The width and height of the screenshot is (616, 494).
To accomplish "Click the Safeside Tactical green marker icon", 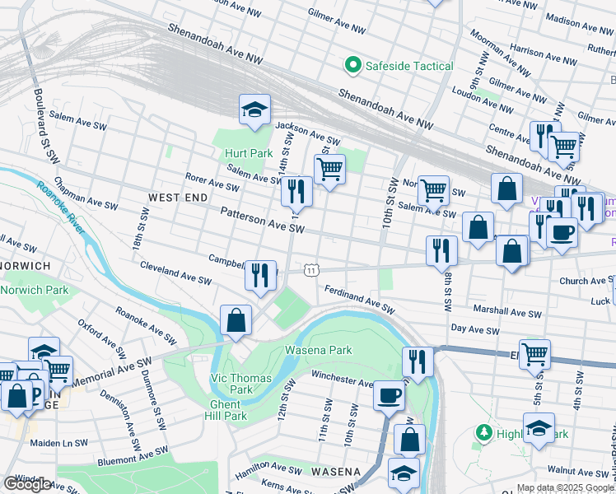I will tap(353, 66).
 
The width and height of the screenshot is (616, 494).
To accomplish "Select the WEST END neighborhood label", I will tap(178, 198).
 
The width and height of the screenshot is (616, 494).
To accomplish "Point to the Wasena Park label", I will tap(318, 350).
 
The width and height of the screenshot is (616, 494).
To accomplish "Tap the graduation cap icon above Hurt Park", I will tap(255, 110).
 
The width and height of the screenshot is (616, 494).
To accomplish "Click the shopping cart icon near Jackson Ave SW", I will tap(329, 170).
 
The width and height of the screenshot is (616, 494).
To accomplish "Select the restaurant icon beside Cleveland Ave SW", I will tap(260, 276).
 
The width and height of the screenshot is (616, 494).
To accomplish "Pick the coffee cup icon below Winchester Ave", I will tap(389, 395).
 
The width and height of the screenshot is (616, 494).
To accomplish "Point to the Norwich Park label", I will tap(35, 290).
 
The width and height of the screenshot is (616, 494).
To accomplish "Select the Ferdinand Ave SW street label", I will tap(360, 299).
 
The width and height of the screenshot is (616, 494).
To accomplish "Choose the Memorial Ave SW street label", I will tap(112, 372).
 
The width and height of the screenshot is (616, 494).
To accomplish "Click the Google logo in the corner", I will tap(27, 484).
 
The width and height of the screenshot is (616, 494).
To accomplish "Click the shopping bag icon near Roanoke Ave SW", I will tap(236, 321).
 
